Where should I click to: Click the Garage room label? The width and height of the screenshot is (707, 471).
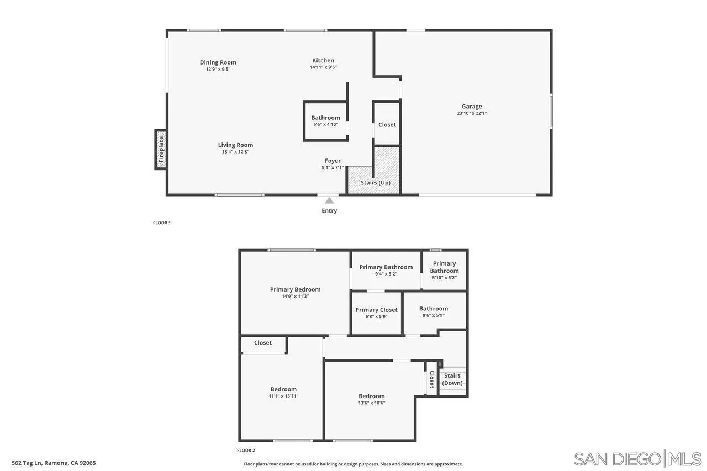[472, 107]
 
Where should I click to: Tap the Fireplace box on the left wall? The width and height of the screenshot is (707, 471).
[161, 149]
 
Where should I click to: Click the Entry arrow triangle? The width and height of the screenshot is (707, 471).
[329, 200]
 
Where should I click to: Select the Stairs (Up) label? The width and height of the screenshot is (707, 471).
[376, 183]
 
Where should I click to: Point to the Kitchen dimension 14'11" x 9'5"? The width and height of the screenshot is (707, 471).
[323, 67]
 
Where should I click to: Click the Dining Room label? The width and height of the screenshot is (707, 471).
[218, 62]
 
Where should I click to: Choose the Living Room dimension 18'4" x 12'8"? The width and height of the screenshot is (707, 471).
[235, 152]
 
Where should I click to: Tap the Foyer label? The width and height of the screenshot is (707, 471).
[333, 161]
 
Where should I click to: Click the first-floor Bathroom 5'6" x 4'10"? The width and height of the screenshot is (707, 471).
[325, 120]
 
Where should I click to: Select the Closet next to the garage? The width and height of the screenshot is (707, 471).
[387, 125]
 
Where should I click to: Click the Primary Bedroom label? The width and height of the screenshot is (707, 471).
[295, 289]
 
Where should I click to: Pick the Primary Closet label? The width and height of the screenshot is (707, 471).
[376, 310]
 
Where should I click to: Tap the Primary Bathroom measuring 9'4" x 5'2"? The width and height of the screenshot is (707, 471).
[386, 270]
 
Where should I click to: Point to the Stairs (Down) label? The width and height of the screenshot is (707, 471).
[452, 379]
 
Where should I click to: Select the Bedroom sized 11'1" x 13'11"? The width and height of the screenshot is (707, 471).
[283, 392]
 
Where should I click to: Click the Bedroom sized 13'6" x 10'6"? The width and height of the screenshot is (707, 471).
[371, 399]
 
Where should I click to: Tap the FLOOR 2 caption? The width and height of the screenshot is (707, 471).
[246, 451]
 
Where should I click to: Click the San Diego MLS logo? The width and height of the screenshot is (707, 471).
[637, 459]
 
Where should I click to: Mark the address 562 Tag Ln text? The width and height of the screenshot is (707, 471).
[54, 463]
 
